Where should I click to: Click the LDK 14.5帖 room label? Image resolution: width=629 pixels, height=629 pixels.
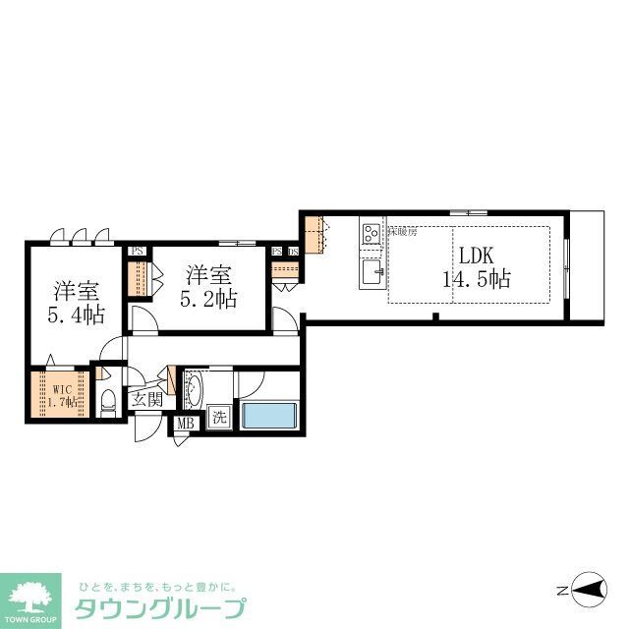point(477,265)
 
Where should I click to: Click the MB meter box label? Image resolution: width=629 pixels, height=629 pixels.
point(184,424)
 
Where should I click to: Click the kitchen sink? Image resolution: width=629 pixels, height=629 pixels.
point(372,271)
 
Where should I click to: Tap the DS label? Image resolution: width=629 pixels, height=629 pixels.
point(293,252)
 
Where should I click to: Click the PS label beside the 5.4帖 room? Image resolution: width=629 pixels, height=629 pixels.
point(137,251)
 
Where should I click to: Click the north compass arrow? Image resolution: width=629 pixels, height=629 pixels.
point(586,591)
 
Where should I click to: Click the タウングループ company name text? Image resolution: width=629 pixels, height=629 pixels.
point(161,606)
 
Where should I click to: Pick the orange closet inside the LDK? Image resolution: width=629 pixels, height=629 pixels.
point(314,235)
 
